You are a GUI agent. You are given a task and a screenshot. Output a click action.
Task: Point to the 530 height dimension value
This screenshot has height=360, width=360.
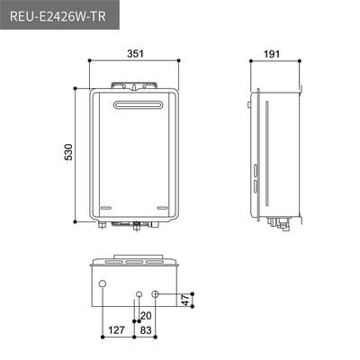(x=68, y=152)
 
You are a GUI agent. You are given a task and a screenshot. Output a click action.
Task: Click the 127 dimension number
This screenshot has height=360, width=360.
(x=115, y=330)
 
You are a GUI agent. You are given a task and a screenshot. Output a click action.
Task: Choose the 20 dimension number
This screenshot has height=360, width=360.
(x=146, y=315)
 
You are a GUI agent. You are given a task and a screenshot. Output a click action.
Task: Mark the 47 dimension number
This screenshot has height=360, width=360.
(x=185, y=301)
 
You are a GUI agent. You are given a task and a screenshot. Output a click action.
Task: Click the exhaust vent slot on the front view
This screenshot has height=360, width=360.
(x=136, y=105)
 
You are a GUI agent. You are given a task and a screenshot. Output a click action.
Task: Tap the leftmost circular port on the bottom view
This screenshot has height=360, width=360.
(x=101, y=286)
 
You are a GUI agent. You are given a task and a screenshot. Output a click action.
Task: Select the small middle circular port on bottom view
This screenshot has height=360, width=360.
(x=139, y=294)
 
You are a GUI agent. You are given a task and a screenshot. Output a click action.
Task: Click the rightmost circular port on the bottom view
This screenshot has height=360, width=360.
(x=156, y=294)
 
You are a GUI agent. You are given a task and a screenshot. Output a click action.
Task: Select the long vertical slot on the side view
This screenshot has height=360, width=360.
(x=266, y=157)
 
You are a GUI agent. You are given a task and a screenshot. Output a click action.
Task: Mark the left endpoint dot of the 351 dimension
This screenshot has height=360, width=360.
(x=90, y=61)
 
